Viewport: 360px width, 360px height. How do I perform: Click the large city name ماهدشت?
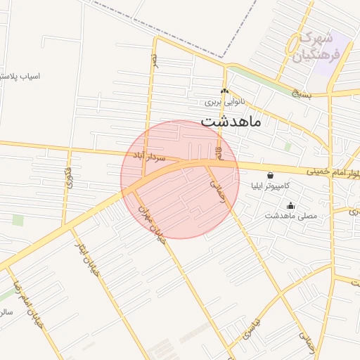(231, 120)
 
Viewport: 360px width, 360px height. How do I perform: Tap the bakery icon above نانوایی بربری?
(224, 91)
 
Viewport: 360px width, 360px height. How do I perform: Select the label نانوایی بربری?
(223, 102)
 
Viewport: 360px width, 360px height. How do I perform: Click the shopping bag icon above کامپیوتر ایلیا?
(271, 175)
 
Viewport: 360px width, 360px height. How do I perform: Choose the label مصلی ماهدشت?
(290, 215)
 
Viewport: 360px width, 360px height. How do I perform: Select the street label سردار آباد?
(148, 156)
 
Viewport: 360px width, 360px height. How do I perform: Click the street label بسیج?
(301, 92)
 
